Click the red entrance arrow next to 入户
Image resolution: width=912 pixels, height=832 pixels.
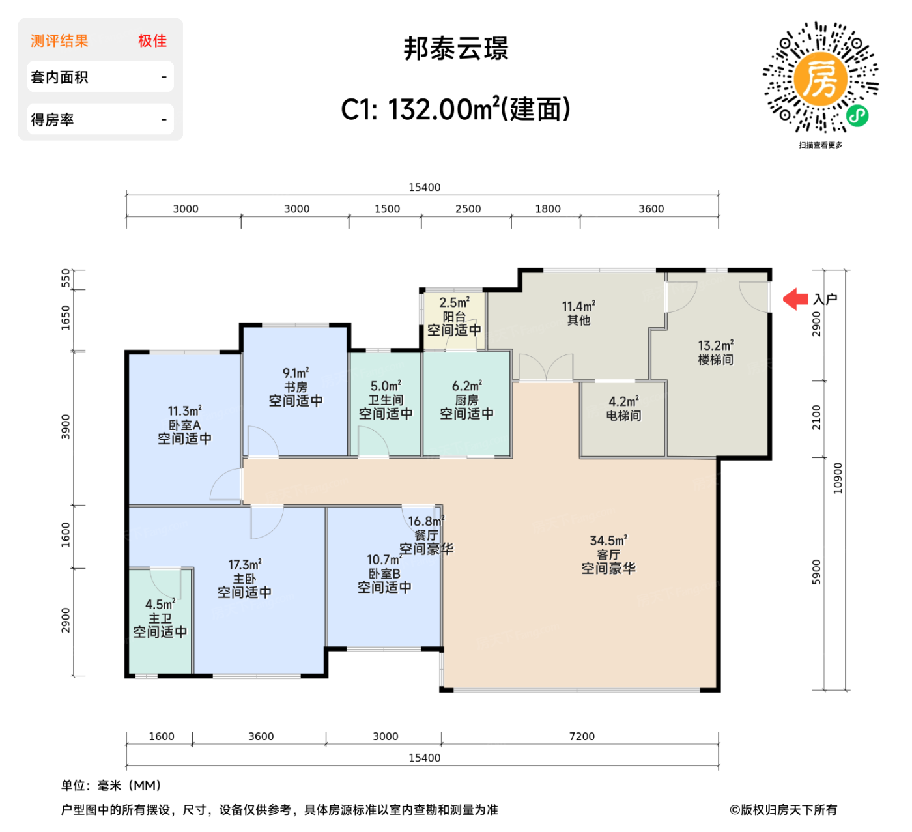pos(795,299)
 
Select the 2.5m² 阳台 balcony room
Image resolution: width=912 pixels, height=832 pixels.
pos(454,317)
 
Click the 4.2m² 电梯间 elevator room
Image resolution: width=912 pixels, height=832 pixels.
pos(623,409)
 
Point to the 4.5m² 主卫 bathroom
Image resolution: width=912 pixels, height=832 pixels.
pos(160,618)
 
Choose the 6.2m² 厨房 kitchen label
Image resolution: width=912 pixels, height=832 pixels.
pos(466,399)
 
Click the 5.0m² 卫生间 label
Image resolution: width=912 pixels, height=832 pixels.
pos(386,399)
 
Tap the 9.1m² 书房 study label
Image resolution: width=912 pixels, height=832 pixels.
pos(296,387)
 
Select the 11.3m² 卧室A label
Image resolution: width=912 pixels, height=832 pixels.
pos(184,425)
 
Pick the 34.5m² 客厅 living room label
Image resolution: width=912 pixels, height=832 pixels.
pos(608,554)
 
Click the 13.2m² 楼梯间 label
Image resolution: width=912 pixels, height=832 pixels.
pos(715,352)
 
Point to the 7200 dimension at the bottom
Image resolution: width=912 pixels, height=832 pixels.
pos(582,736)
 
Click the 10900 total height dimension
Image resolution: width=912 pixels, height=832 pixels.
pos(838,478)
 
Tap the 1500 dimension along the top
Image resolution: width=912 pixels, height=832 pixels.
pos(387,208)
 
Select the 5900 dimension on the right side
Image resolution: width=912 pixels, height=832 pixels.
pos(817,572)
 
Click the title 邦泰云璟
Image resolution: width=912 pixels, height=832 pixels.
pos(456,49)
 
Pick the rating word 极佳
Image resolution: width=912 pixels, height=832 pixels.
pos(152,41)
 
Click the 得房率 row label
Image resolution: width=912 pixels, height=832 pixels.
pos(52,120)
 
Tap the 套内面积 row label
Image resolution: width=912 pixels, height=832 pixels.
pos(59,78)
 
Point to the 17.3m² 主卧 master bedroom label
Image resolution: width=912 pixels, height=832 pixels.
pos(244,579)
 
